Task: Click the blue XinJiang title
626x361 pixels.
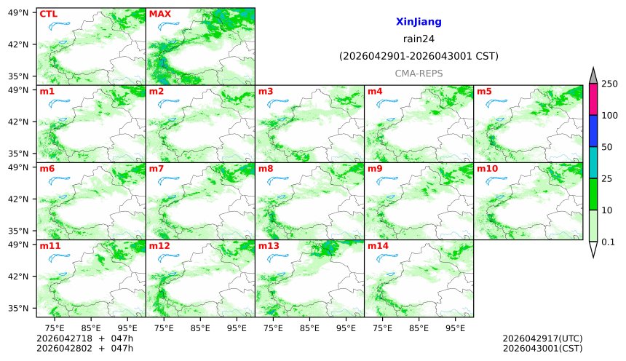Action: click(419, 23)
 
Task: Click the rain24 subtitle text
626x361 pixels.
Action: click(419, 39)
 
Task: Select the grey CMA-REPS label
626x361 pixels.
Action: click(419, 74)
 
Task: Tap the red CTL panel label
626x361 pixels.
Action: click(48, 14)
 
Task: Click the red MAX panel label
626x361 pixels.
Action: click(159, 14)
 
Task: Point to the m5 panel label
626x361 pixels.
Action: click(484, 91)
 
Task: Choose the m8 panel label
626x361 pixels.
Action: click(266, 169)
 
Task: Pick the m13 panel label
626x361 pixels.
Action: click(269, 246)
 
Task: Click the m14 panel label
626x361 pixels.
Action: click(378, 246)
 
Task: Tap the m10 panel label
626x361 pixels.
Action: click(487, 169)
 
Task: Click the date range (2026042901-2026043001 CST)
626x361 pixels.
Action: click(419, 56)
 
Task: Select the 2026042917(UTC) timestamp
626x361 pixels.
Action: click(542, 338)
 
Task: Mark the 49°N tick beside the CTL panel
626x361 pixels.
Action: click(23, 12)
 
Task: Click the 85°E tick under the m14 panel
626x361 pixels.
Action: click(419, 328)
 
